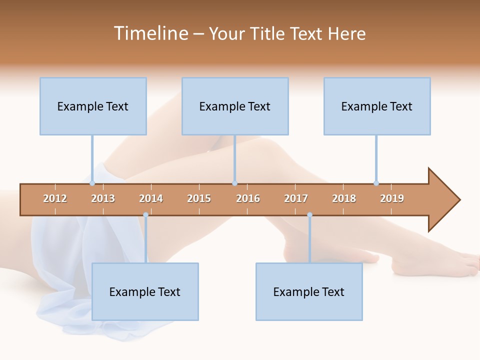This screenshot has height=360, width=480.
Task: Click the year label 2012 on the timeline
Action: pos(55,198)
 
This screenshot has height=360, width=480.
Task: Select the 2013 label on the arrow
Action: pos(103,198)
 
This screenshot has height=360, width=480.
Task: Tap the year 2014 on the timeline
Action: pos(151,198)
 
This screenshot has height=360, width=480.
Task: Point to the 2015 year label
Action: pos(199,198)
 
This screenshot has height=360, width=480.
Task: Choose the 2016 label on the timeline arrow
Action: pos(248,198)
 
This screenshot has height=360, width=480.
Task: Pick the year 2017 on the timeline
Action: pos(296,198)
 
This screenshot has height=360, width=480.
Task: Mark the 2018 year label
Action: pos(344,198)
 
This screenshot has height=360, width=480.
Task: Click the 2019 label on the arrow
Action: pos(392,198)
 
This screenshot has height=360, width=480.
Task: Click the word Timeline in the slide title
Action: pos(150,33)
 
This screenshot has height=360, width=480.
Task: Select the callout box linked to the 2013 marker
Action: pos(93,106)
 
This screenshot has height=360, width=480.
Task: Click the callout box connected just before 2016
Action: pos(235,106)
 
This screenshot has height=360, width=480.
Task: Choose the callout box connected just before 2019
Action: pos(377,106)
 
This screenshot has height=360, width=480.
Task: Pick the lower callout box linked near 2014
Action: pos(145,291)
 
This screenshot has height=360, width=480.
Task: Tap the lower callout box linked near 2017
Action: pos(309,291)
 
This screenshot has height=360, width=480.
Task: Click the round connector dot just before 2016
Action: pos(234,183)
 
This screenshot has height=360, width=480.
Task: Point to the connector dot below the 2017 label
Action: pos(309,215)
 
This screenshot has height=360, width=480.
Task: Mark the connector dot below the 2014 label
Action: pos(145,215)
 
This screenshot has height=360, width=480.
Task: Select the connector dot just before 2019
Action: pos(376,183)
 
